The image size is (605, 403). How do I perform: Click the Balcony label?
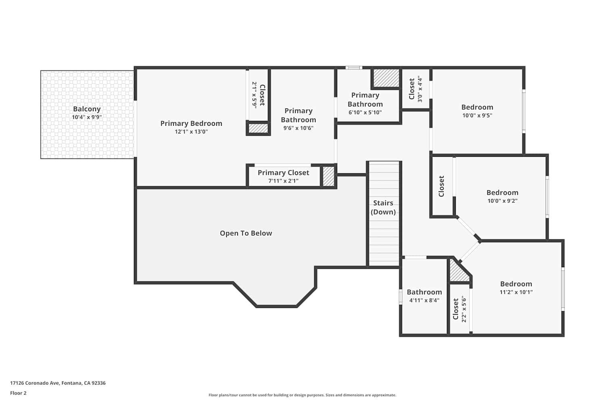pyautogui.click(x=87, y=109)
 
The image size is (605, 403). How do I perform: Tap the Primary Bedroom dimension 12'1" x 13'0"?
pyautogui.click(x=191, y=132)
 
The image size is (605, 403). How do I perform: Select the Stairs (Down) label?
pyautogui.click(x=383, y=208)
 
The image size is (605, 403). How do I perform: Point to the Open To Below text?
pyautogui.click(x=246, y=233)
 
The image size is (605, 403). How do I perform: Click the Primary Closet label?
pyautogui.click(x=283, y=172)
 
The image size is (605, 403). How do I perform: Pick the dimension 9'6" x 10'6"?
pyautogui.click(x=298, y=128)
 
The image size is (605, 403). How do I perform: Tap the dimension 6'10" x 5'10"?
pyautogui.click(x=365, y=113)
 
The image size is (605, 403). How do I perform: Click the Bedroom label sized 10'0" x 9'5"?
pyautogui.click(x=477, y=107)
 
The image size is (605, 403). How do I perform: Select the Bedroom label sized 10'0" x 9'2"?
pyautogui.click(x=502, y=193)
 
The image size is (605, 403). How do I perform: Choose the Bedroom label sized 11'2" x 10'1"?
pyautogui.click(x=516, y=284)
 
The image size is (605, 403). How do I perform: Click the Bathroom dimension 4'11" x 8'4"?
pyautogui.click(x=424, y=301)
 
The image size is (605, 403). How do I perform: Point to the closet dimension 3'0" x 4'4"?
pyautogui.click(x=420, y=89)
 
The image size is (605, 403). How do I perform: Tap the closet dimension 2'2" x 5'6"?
pyautogui.click(x=464, y=309)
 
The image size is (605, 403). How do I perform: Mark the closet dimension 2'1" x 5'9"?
pyautogui.click(x=255, y=95)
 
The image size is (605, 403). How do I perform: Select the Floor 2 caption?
pyautogui.click(x=18, y=393)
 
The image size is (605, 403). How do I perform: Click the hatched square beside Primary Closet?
pyautogui.click(x=328, y=176)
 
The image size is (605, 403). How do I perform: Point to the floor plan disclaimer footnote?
pyautogui.click(x=302, y=395)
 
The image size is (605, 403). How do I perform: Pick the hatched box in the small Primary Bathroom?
pyautogui.click(x=386, y=78)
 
